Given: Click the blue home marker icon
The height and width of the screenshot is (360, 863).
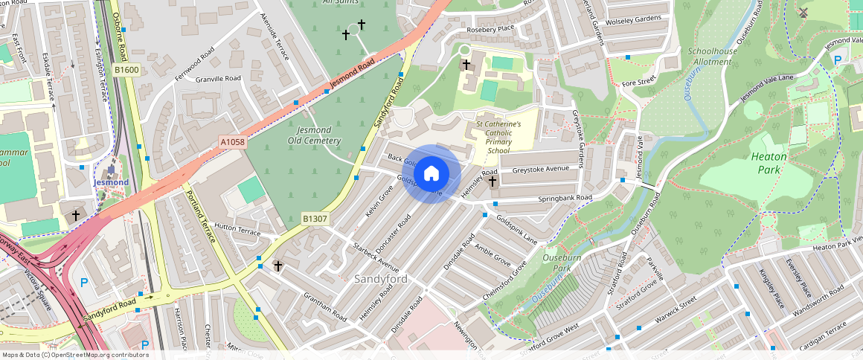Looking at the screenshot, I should [x=431, y=174].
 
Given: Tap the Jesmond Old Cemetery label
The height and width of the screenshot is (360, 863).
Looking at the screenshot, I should [x=314, y=135].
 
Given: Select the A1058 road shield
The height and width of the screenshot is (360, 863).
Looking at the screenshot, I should [x=232, y=141].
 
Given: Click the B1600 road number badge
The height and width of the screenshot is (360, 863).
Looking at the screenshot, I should [x=126, y=70].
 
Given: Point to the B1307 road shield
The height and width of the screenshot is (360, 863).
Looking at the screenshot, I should [x=315, y=219].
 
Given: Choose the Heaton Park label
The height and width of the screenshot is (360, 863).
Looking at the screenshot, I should [x=769, y=163].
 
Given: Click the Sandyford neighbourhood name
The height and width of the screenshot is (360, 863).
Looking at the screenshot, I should [x=380, y=279].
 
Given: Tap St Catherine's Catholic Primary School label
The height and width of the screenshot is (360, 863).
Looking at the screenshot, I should [x=498, y=137].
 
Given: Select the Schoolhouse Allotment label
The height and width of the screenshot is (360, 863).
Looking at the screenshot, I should [x=712, y=57].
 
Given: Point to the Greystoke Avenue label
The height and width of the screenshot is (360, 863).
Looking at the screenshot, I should [x=539, y=169].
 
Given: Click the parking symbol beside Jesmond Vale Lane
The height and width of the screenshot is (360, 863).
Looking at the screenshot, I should [x=838, y=60].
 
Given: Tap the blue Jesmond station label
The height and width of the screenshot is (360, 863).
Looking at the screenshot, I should [x=111, y=182].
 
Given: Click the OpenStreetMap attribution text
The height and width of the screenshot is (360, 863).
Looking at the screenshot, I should [x=75, y=355].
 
